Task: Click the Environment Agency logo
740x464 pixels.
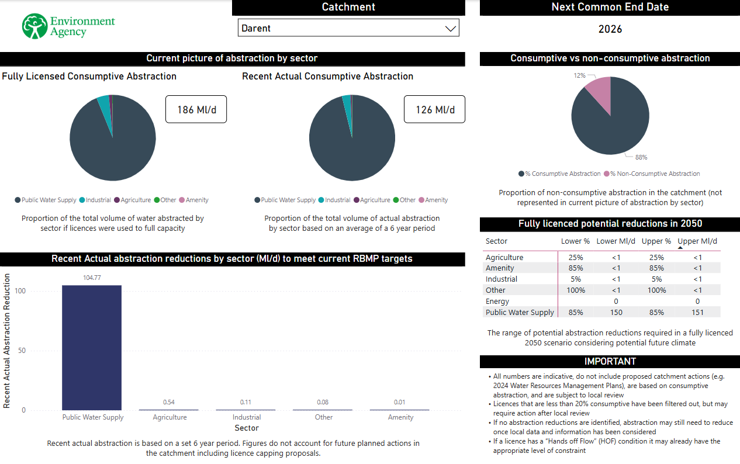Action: click(68, 27)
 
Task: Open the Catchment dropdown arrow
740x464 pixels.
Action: click(450, 28)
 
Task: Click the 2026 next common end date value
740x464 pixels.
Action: click(610, 29)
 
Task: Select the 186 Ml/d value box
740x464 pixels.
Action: click(196, 109)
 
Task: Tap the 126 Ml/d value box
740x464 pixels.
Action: click(434, 109)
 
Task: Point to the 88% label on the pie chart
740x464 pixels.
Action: click(641, 157)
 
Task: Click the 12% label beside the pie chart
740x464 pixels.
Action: click(579, 76)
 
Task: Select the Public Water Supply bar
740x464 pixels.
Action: click(92, 347)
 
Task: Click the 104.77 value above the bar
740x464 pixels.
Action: click(92, 278)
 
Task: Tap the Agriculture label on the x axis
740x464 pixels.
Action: click(170, 417)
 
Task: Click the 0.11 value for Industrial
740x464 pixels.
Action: click(247, 402)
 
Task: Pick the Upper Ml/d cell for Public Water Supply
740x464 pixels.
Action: click(697, 313)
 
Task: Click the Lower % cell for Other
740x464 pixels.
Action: click(576, 290)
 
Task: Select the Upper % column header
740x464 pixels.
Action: click(656, 241)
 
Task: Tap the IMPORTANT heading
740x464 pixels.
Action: click(610, 361)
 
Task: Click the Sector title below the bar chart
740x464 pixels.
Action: click(246, 428)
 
